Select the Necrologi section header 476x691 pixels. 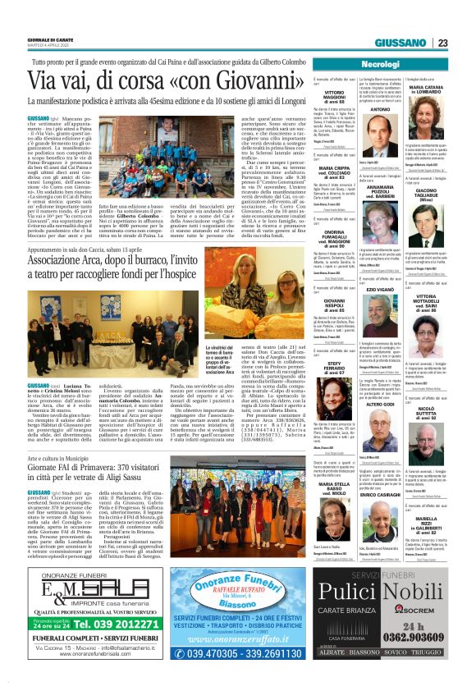[x=380, y=64]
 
